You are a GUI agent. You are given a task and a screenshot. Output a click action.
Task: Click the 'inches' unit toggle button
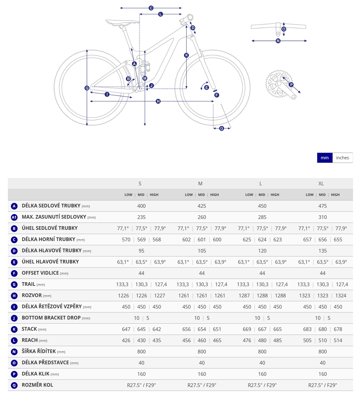pyautogui.click(x=342, y=158)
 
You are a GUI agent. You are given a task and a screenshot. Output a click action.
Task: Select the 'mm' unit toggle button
pyautogui.click(x=325, y=158)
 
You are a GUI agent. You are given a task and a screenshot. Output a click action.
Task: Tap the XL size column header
pyautogui.click(x=321, y=183)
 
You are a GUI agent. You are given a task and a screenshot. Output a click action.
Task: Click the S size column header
pyautogui.click(x=140, y=183)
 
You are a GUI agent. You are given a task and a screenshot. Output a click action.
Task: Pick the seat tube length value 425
pyautogui.click(x=202, y=206)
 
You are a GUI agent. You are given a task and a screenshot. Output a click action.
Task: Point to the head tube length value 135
pyautogui.click(x=322, y=251)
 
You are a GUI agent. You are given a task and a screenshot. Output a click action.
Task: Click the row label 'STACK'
pyautogui.click(x=29, y=329)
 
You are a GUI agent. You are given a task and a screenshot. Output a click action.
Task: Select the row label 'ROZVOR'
pyautogui.click(x=32, y=295)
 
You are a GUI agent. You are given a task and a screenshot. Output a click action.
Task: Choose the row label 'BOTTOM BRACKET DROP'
pyautogui.click(x=51, y=318)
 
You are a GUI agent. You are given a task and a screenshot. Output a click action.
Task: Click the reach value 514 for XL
pyautogui.click(x=338, y=340)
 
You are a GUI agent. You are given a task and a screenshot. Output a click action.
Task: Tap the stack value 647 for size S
pyautogui.click(x=126, y=329)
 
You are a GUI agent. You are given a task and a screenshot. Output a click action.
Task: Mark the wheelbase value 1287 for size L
pyautogui.click(x=244, y=296)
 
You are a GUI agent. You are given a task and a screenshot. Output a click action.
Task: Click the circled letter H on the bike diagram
pyautogui.click(x=158, y=101)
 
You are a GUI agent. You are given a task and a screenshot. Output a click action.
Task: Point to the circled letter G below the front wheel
pyautogui.click(x=222, y=128)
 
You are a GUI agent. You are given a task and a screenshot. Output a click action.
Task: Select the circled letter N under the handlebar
pyautogui.click(x=278, y=41)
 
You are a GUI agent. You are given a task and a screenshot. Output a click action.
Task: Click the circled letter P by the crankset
pyautogui.click(x=291, y=85)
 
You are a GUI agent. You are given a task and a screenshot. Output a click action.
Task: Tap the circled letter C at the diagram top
pyautogui.click(x=151, y=8)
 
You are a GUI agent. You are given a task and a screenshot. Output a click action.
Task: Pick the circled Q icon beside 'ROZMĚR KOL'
pyautogui.click(x=14, y=385)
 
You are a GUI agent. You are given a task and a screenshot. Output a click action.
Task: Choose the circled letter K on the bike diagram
pyautogui.click(x=187, y=55)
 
